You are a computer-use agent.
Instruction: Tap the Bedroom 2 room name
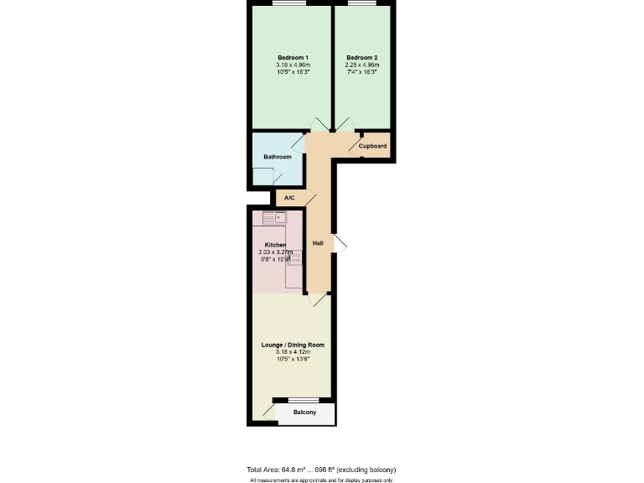pyautogui.click(x=361, y=57)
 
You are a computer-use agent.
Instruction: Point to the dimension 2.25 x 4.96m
pyautogui.click(x=361, y=65)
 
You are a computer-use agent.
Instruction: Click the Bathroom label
pyautogui.click(x=278, y=157)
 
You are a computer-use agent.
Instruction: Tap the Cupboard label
pyautogui.click(x=372, y=147)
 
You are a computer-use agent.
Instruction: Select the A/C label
pyautogui.click(x=289, y=198)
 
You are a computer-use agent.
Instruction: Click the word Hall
pyautogui.click(x=318, y=243)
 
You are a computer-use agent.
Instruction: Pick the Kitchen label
pyautogui.click(x=275, y=245)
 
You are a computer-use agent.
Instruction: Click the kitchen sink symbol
pyautogui.click(x=274, y=218)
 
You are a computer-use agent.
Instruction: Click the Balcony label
pyautogui.click(x=304, y=413)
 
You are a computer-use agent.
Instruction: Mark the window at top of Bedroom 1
pyautogui.click(x=290, y=3)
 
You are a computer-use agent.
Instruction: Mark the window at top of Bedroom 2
pyautogui.click(x=361, y=3)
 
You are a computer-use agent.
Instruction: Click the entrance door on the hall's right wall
pyautogui.click(x=339, y=243)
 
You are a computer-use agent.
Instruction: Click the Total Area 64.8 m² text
pyautogui.click(x=321, y=469)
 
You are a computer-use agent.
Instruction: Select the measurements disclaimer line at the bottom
pyautogui.click(x=321, y=480)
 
